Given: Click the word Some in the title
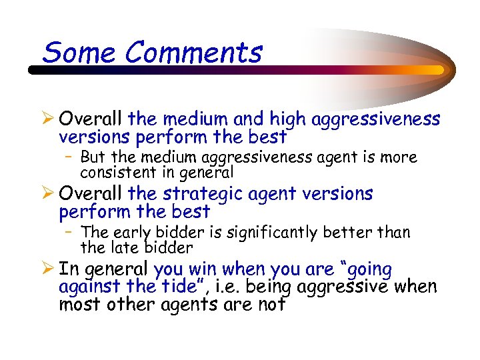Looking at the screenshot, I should tap(71, 52).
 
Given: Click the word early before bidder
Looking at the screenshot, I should tap(132, 233).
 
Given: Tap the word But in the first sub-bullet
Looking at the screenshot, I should tap(93, 158).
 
